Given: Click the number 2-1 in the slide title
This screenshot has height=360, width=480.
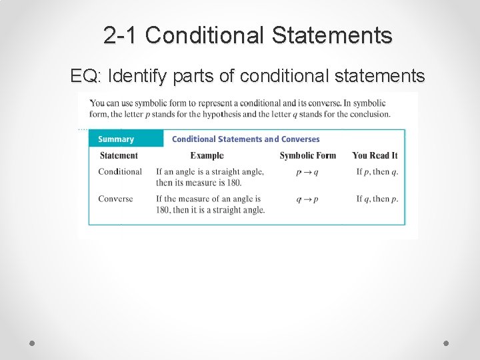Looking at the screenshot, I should pyautogui.click(x=121, y=35).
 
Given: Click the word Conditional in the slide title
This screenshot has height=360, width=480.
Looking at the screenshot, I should pyautogui.click(x=202, y=35).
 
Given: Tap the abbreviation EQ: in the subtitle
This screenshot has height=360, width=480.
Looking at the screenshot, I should pyautogui.click(x=85, y=77).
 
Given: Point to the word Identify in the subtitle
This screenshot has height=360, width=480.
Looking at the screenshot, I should pyautogui.click(x=138, y=77).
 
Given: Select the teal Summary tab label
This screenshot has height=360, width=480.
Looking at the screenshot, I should pyautogui.click(x=116, y=139).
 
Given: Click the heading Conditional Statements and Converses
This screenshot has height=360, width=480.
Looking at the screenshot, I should pyautogui.click(x=245, y=139).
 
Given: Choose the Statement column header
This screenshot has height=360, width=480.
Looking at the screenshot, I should pyautogui.click(x=119, y=155).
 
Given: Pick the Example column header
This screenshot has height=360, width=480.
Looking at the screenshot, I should pyautogui.click(x=207, y=155).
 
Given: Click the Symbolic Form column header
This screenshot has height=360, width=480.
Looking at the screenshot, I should pyautogui.click(x=307, y=155).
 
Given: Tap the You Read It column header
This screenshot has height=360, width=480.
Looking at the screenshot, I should pyautogui.click(x=375, y=155).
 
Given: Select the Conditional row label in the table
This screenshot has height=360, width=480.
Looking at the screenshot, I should pyautogui.click(x=120, y=171).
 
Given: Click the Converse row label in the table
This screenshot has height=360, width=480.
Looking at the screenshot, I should pyautogui.click(x=115, y=199).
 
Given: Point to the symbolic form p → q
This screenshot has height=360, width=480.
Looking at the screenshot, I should pyautogui.click(x=307, y=172).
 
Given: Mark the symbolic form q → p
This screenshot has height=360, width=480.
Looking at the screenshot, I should pyautogui.click(x=307, y=199).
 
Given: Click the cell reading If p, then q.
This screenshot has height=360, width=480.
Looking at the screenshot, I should pyautogui.click(x=377, y=172).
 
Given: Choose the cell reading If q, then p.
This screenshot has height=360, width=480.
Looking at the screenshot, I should pyautogui.click(x=377, y=199).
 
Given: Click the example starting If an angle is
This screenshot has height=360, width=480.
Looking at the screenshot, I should pyautogui.click(x=209, y=177).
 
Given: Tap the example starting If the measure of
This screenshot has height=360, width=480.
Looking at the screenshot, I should pyautogui.click(x=210, y=204).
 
